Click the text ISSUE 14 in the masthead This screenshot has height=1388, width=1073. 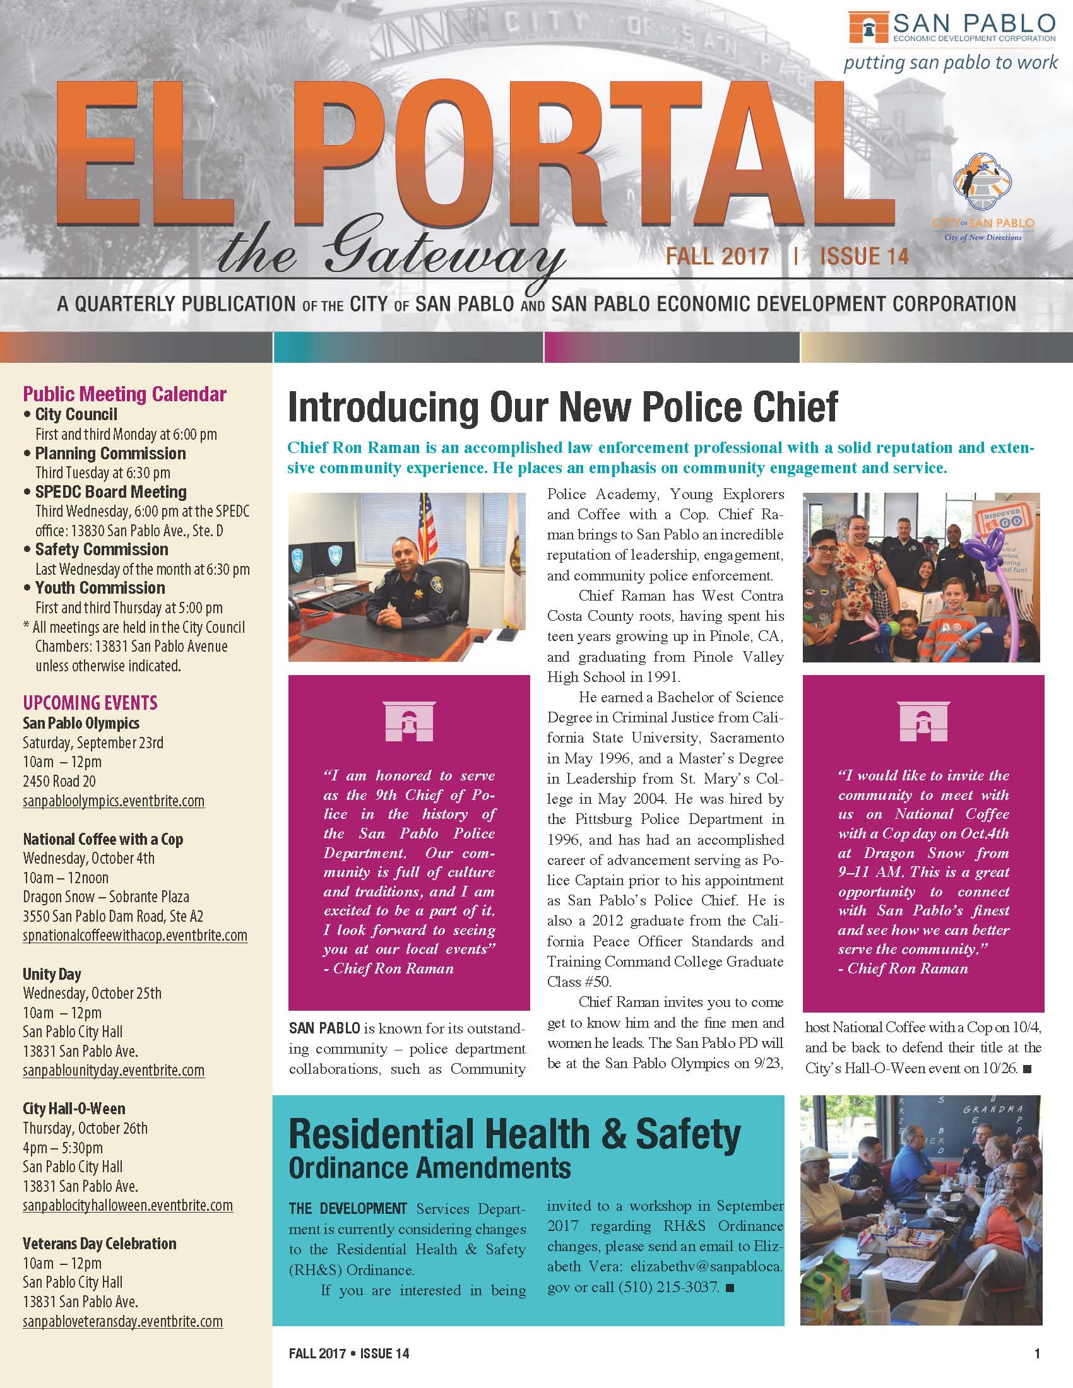click(864, 256)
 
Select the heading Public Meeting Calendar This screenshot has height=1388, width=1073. click(124, 394)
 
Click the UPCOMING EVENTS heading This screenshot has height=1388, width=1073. click(90, 703)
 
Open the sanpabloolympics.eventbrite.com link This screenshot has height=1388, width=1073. click(114, 801)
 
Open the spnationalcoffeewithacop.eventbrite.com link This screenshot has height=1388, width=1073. click(135, 936)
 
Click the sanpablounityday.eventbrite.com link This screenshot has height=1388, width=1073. click(114, 1070)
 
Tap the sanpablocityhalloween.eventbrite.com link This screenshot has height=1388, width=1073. click(127, 1206)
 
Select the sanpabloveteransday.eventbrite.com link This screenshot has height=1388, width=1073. click(122, 1322)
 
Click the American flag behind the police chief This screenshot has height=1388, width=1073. click(427, 527)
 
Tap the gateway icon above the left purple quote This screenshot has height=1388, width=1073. click(409, 722)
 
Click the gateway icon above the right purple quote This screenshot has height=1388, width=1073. click(923, 722)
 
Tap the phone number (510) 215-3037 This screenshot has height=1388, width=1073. click(668, 1288)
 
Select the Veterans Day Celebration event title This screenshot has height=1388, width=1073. click(100, 1244)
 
